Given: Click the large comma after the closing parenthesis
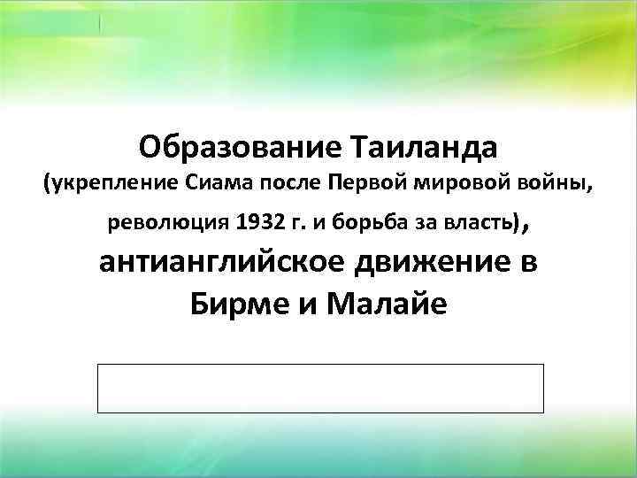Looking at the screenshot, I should tap(531, 228).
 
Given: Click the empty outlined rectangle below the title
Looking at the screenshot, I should tap(319, 388).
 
